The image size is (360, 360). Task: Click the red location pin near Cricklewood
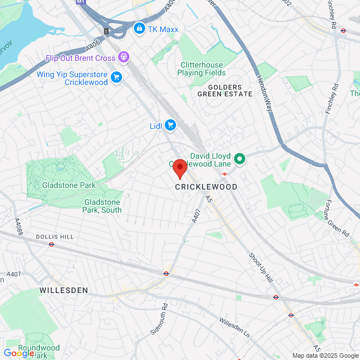(179, 168)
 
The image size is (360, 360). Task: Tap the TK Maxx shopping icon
(138, 28)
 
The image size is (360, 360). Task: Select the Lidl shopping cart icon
(170, 125)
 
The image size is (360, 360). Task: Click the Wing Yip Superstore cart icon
(116, 77)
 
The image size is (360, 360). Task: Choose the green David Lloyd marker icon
(239, 159)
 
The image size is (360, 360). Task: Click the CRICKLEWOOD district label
(206, 187)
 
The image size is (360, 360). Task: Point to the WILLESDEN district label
(64, 290)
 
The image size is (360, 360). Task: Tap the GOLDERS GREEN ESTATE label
(224, 91)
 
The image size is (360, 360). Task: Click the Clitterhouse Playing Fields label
(201, 69)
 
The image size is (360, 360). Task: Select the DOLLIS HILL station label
(55, 237)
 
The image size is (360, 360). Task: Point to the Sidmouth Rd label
(159, 319)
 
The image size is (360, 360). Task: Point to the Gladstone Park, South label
(102, 206)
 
